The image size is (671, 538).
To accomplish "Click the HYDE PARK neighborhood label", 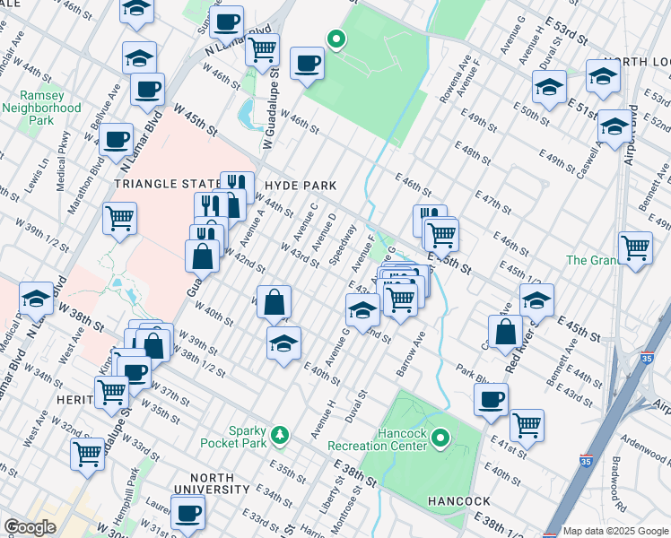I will (301, 186).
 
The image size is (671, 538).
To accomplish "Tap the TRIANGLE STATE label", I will (166, 183).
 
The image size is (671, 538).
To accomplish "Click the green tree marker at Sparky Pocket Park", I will (281, 435).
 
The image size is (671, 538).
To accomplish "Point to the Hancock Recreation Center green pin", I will (440, 438).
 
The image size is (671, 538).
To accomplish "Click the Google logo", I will (30, 527).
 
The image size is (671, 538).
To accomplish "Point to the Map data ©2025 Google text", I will (615, 531).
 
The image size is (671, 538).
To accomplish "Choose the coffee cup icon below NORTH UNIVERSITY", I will (187, 513).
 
